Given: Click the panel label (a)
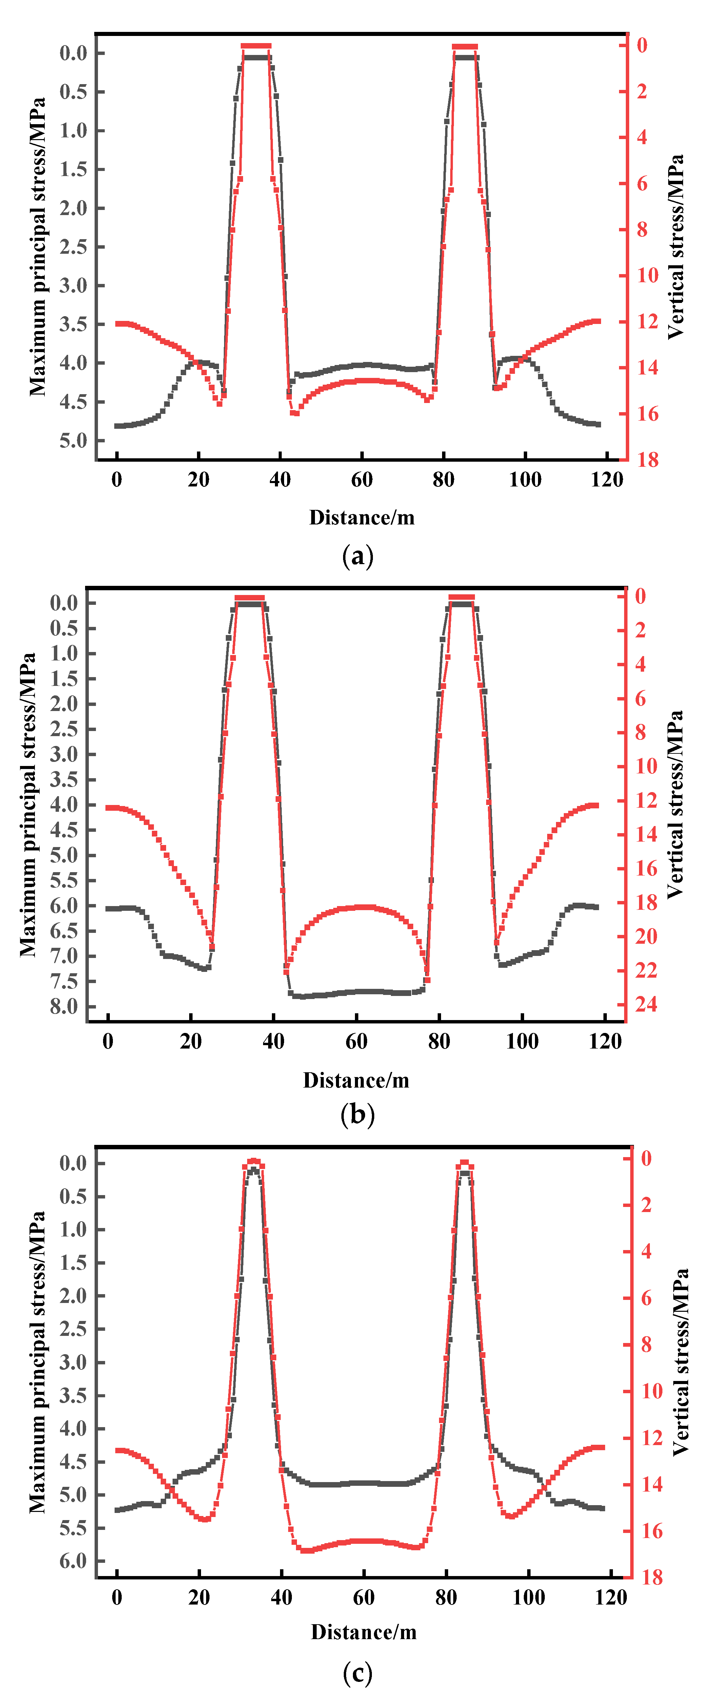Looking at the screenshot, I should point(358,556).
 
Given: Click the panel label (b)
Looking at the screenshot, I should point(358,1114).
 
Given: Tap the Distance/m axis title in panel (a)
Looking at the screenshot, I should point(362,517).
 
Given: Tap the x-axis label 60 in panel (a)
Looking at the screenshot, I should point(362,479).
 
